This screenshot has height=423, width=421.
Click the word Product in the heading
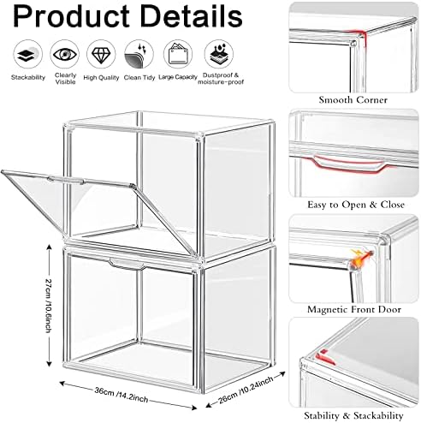point(71,16)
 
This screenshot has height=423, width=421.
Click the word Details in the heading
point(192,16)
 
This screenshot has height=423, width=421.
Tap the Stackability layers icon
point(28,54)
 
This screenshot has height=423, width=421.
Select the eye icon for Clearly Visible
point(65,54)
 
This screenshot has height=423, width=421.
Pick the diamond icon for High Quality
point(101,54)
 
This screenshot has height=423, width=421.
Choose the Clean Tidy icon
point(139,54)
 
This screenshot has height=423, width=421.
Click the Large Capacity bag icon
point(178,54)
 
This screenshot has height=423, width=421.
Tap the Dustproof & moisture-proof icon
point(219,54)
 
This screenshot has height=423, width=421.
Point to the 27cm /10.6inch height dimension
point(49,305)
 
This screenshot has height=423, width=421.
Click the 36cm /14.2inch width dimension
point(122,395)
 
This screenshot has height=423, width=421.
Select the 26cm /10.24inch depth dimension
point(246,390)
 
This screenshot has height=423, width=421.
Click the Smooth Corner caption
point(353,100)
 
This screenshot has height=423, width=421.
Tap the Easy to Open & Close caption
point(356,205)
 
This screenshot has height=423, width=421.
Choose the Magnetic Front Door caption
point(354,309)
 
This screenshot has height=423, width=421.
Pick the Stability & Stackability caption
point(353,415)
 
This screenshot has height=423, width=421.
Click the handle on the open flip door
point(66,181)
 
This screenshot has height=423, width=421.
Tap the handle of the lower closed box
point(127,264)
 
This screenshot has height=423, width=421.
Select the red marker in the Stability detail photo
point(325,357)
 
